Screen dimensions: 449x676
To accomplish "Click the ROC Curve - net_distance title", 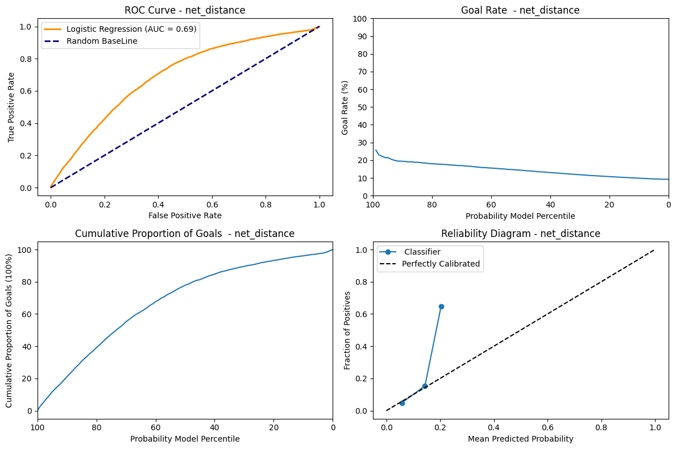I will (185, 10).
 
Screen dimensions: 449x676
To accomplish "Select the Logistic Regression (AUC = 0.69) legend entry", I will (131, 28).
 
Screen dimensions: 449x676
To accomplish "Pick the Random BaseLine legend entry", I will (102, 41).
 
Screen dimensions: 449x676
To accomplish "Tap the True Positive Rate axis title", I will (12, 106).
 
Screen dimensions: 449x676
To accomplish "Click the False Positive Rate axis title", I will (185, 215).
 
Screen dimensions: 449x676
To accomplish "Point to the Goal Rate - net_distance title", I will (520, 10).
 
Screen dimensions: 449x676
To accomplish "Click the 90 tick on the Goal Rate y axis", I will (363, 36).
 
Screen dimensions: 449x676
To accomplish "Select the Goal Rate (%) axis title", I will (345, 107).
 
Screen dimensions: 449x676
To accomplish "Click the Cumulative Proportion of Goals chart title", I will (185, 234).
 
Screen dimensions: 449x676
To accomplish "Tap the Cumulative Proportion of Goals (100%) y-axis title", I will (10, 330).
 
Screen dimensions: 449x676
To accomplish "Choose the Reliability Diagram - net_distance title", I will (520, 234).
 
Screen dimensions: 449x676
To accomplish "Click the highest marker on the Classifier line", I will (441, 306).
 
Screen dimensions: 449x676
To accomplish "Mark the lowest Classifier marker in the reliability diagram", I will (402, 403).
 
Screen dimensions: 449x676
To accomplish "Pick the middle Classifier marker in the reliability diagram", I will (425, 386).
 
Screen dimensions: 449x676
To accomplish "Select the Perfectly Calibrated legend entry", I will (441, 264).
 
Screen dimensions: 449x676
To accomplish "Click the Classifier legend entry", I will (421, 251).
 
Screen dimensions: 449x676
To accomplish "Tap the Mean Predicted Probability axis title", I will (520, 439).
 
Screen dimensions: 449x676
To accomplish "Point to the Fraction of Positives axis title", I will (347, 330).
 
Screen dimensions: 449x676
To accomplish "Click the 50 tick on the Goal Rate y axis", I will (363, 107).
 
